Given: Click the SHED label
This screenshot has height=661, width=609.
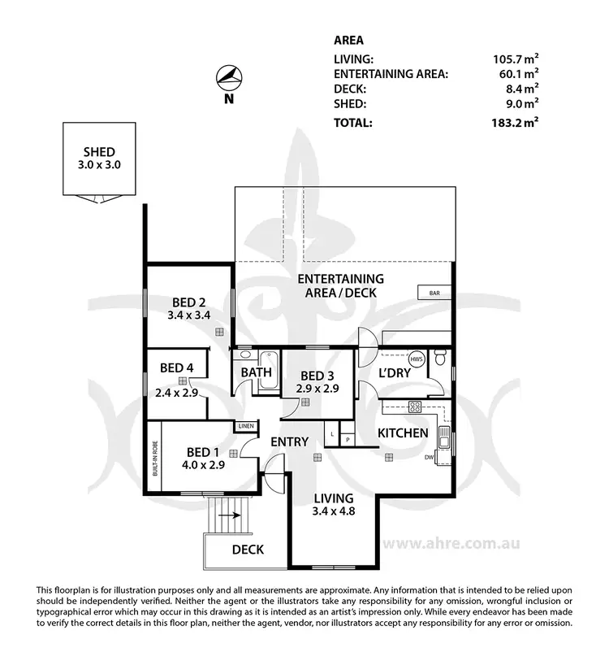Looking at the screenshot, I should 99,152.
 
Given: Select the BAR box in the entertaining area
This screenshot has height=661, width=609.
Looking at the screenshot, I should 427,291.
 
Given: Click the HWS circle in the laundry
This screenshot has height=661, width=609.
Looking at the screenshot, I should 417,359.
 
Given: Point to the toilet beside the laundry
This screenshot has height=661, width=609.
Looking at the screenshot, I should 440,358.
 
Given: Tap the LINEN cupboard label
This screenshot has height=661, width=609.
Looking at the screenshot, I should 244,426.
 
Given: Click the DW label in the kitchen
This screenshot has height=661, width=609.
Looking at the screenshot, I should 428,459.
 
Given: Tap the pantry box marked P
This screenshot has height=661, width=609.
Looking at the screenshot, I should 347,439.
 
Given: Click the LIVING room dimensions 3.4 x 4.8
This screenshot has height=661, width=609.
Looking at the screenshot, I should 334,512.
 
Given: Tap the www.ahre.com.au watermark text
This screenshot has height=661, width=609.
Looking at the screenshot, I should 451,543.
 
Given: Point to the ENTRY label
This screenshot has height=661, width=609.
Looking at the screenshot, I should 289,442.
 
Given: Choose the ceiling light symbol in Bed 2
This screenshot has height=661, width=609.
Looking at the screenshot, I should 218,333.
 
